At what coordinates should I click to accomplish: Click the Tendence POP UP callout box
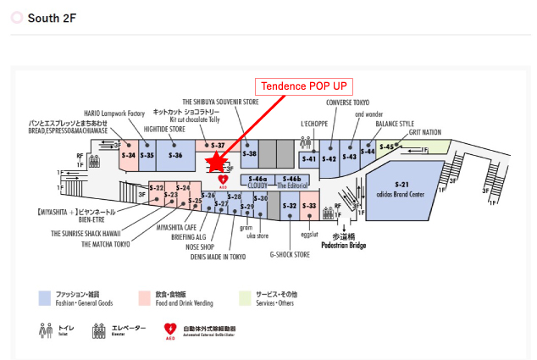click(304, 86)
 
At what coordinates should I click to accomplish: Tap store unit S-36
click(175, 155)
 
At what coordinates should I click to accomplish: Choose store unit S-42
click(329, 158)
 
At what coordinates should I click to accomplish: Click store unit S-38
click(249, 153)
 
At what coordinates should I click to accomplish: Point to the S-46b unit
click(292, 179)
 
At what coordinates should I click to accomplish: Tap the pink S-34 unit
click(129, 155)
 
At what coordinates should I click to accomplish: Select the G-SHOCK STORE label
click(290, 253)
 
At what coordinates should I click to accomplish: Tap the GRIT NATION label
click(425, 132)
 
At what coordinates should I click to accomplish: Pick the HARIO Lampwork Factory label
click(115, 112)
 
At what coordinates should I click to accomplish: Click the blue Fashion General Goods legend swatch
click(44, 297)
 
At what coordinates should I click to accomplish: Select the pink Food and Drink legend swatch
click(145, 297)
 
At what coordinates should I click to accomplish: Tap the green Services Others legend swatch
click(246, 297)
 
